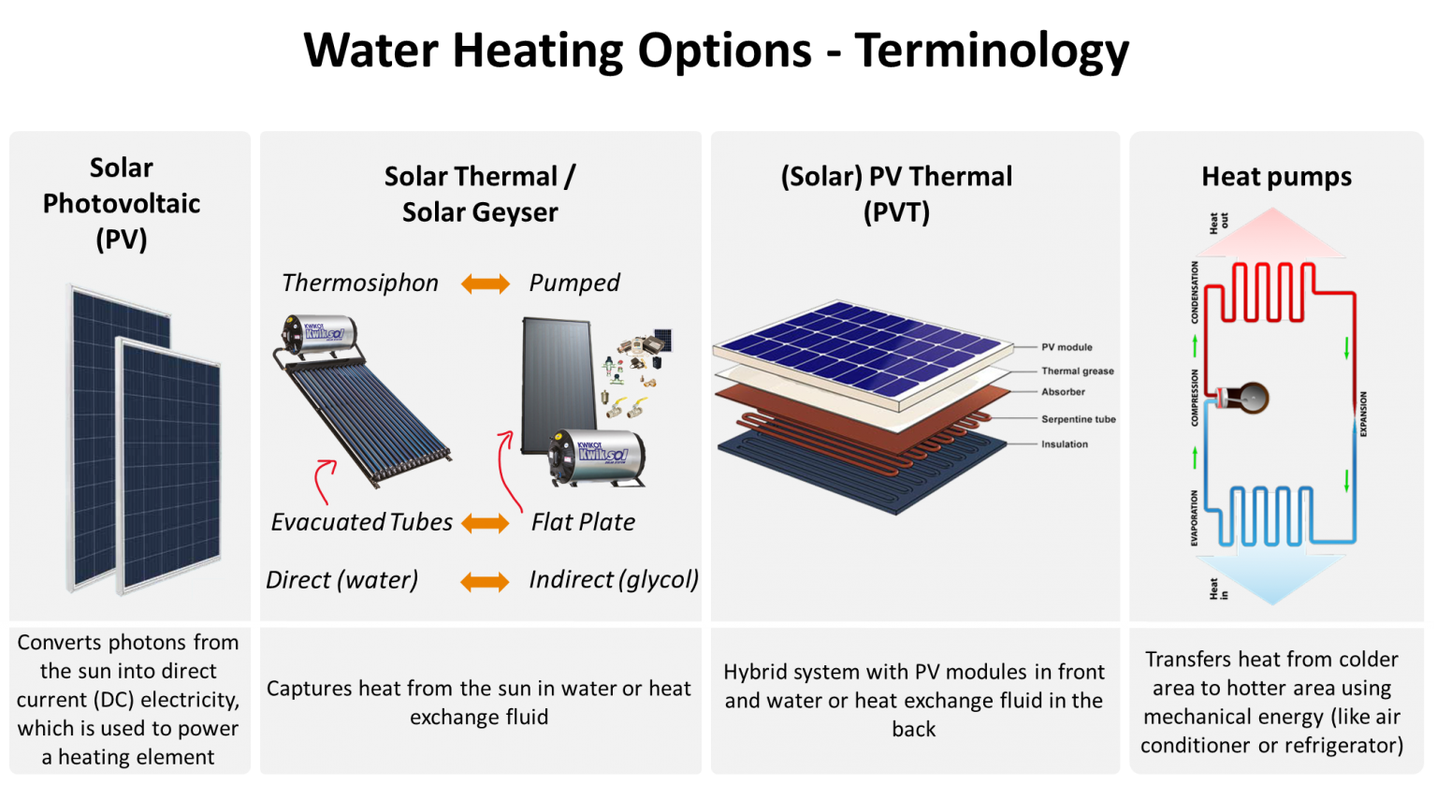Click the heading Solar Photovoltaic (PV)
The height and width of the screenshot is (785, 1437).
pyautogui.click(x=122, y=203)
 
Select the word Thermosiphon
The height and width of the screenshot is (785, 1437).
pyautogui.click(x=360, y=283)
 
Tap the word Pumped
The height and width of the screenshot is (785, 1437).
pyautogui.click(x=574, y=283)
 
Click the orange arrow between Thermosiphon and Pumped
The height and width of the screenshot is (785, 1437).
pyautogui.click(x=486, y=283)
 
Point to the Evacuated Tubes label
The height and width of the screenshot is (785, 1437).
pyautogui.click(x=361, y=522)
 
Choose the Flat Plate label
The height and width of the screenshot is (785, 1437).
pyautogui.click(x=583, y=522)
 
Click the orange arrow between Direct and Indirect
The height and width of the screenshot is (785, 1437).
pyautogui.click(x=486, y=582)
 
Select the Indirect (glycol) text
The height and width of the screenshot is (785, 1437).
pyautogui.click(x=614, y=580)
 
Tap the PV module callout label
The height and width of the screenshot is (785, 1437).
pyautogui.click(x=1067, y=347)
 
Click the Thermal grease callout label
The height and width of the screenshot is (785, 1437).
pyautogui.click(x=1078, y=371)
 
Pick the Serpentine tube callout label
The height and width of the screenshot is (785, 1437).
pyautogui.click(x=1079, y=419)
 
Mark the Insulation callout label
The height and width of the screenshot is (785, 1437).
pyautogui.click(x=1065, y=444)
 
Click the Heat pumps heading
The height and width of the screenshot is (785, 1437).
pyautogui.click(x=1276, y=177)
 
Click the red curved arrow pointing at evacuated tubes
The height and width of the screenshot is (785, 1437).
pyautogui.click(x=322, y=478)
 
